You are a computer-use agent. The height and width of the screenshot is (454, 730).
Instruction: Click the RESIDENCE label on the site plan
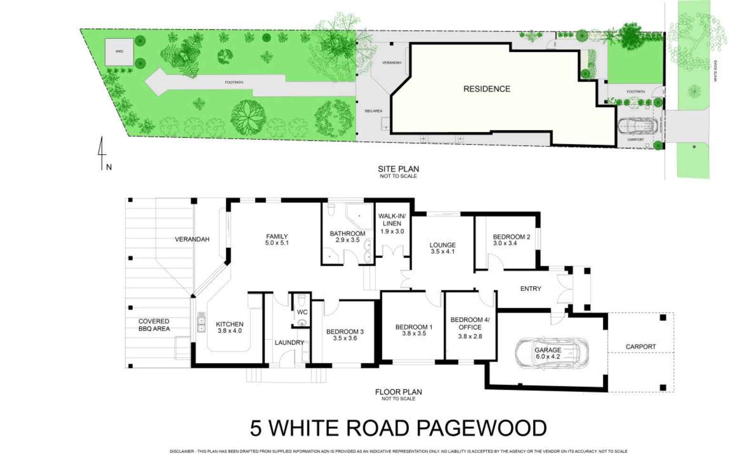coord(486,89)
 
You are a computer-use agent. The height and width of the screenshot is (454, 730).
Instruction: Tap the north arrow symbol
coord(101,153)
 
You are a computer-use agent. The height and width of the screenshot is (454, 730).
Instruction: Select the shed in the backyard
coord(119,51)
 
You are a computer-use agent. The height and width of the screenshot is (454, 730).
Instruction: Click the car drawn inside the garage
coord(552,353)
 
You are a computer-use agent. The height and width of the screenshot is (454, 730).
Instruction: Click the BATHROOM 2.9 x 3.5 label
coord(347,237)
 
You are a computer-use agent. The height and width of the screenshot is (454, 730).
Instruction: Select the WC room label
coord(302,312)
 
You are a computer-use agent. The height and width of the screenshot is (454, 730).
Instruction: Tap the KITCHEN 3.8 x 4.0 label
coord(229,327)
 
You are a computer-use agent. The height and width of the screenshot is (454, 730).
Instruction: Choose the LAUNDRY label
coord(289,343)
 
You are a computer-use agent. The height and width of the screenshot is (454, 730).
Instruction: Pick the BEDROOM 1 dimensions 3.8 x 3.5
coord(414,334)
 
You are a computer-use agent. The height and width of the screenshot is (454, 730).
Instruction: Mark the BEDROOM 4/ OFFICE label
coord(470,324)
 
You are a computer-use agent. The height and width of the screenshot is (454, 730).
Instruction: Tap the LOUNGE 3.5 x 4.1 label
coord(443,248)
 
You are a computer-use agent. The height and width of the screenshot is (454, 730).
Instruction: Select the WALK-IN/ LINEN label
coord(392,220)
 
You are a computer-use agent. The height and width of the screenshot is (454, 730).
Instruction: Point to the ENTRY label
coord(531,288)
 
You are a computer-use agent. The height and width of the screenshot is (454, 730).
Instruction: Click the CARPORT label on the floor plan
coord(641,346)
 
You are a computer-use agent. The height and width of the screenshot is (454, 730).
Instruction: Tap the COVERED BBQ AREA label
coord(154,325)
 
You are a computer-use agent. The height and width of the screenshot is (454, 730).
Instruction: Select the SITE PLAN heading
coord(398,169)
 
